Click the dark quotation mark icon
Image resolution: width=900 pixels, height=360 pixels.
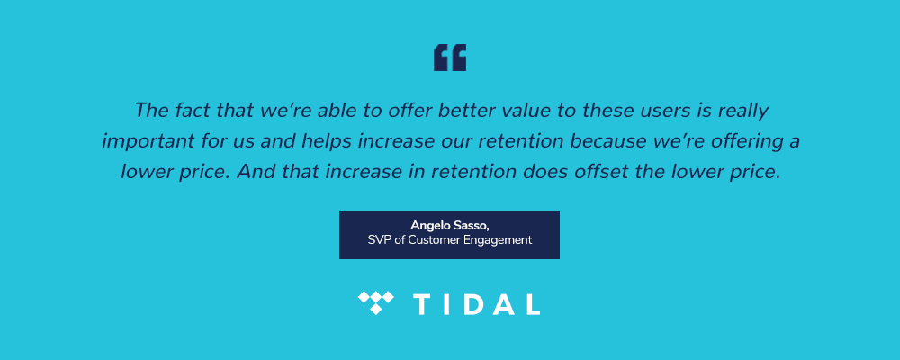tap(450, 58)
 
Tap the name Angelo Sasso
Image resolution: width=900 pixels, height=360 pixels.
tap(448, 225)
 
